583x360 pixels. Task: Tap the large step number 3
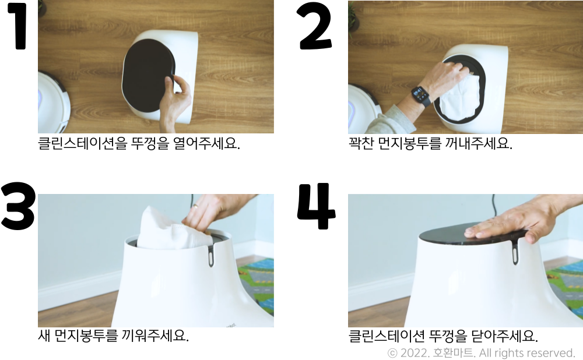(x=17, y=207)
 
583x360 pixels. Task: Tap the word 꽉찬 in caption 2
(x=361, y=144)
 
